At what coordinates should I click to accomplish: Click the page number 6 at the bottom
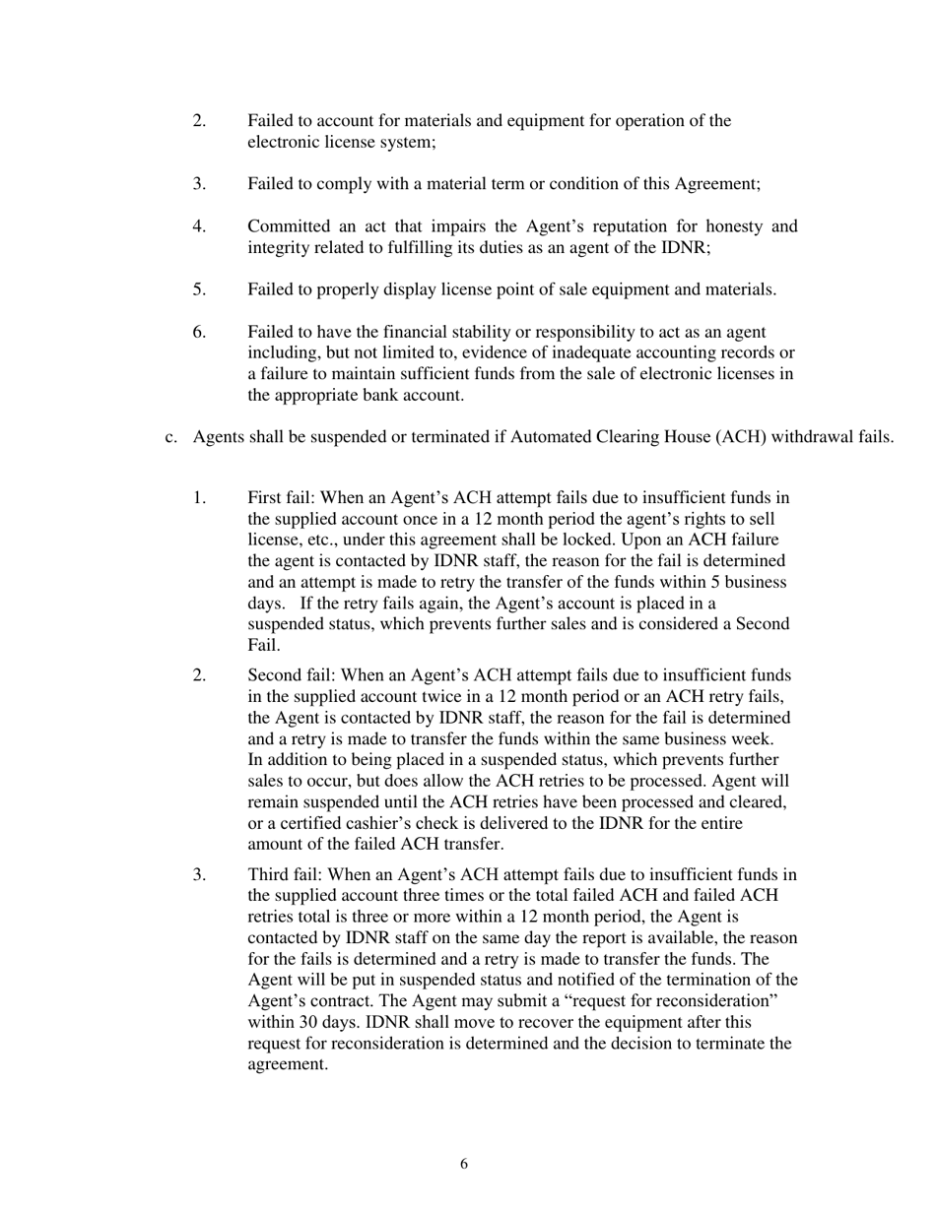(x=464, y=1165)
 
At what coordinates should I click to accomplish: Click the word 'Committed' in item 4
(x=287, y=226)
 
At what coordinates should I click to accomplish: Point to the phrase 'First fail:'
(x=281, y=498)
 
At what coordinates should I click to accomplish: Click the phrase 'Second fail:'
(x=292, y=675)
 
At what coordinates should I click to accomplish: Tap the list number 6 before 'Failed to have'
(x=199, y=332)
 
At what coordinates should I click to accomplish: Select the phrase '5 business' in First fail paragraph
(x=748, y=582)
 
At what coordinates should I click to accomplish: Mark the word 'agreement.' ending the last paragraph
(x=287, y=1064)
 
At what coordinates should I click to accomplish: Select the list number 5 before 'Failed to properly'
(x=199, y=289)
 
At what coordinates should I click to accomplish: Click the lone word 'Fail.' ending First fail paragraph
(x=263, y=646)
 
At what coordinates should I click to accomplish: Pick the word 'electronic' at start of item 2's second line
(x=285, y=143)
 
